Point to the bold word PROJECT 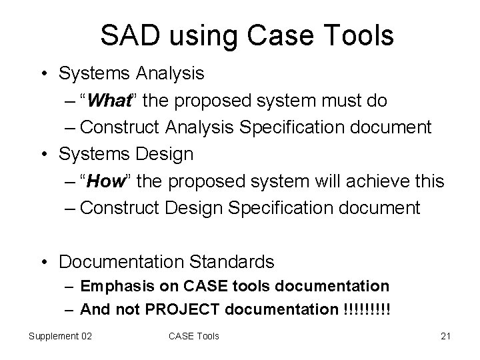(x=179, y=309)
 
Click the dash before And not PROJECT (x=70, y=309)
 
